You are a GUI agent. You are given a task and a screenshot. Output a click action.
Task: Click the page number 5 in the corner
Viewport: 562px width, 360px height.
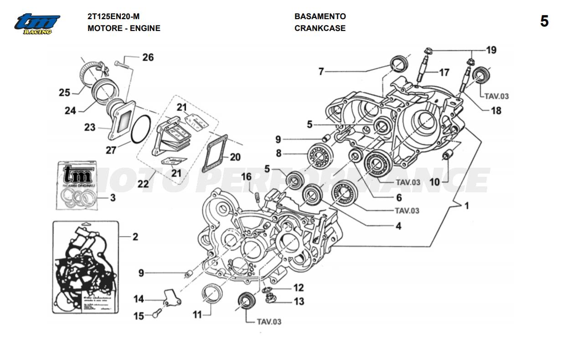pos(544,21)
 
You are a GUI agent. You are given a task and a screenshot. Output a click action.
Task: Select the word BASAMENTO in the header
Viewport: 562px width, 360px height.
pos(320,16)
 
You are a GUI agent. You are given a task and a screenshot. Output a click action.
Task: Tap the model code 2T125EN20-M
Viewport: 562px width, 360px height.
pos(113,16)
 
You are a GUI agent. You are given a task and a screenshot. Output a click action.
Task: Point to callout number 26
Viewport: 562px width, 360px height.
pos(148,57)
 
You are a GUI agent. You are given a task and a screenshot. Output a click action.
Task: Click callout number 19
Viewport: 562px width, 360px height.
pos(490,50)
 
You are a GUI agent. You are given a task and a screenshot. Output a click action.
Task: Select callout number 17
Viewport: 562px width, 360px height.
pos(444,72)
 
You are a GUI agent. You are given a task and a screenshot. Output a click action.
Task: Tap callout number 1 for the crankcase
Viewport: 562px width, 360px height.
pos(466,206)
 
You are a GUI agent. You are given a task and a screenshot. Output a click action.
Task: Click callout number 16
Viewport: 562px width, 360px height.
pos(246,177)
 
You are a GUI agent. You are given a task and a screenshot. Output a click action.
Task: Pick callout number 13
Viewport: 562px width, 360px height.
pos(299,301)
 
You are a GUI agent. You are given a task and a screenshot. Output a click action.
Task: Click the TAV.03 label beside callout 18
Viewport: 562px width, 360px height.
pos(496,96)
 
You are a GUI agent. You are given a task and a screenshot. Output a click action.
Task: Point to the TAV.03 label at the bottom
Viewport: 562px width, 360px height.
pos(269,322)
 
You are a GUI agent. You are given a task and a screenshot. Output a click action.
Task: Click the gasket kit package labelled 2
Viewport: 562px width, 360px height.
pos(85,267)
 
